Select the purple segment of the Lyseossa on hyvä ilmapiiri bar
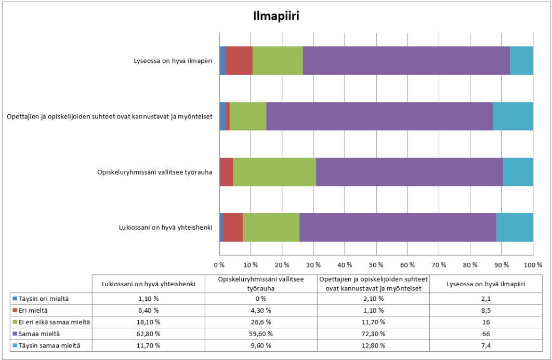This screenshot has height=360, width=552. (x=406, y=60)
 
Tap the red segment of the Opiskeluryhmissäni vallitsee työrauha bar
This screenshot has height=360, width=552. (x=226, y=171)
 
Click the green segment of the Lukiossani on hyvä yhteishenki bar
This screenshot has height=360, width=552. (x=271, y=227)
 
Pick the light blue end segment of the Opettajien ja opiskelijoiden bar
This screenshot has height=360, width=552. (x=512, y=116)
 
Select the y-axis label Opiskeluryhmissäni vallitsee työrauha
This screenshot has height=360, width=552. (x=155, y=172)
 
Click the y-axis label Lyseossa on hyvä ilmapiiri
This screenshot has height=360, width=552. (x=173, y=61)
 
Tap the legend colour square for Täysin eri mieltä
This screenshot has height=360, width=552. (x=14, y=299)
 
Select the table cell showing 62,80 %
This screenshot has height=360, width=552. (x=148, y=334)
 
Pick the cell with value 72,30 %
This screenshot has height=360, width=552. (x=374, y=334)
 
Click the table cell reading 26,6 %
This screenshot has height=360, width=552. (x=261, y=322)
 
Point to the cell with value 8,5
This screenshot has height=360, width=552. (x=485, y=311)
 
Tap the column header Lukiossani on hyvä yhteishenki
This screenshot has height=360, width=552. (x=148, y=284)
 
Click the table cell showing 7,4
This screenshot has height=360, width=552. (x=485, y=345)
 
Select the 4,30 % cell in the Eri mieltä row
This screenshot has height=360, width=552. (x=261, y=311)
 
